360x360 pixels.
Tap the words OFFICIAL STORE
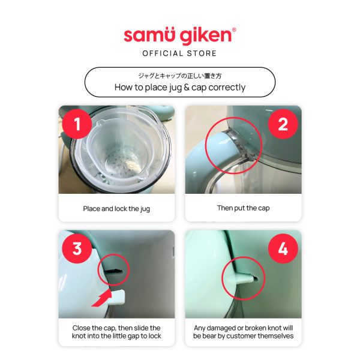[x=179, y=53]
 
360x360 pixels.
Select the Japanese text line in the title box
[x=180, y=76]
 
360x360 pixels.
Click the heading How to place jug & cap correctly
[x=180, y=87]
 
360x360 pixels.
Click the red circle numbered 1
[x=77, y=124]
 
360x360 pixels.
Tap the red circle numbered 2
[x=283, y=124]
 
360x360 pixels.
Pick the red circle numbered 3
[x=77, y=248]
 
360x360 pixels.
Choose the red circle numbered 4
[x=283, y=248]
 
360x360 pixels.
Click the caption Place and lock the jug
[x=116, y=209]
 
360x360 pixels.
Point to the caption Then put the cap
[x=244, y=208]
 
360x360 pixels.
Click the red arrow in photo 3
[x=102, y=299]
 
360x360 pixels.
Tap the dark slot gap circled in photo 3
[x=114, y=271]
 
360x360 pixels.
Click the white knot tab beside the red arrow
[x=118, y=297]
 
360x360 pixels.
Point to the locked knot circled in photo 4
[x=242, y=278]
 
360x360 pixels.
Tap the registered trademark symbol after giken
[x=234, y=29]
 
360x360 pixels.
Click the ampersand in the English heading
[x=187, y=87]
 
